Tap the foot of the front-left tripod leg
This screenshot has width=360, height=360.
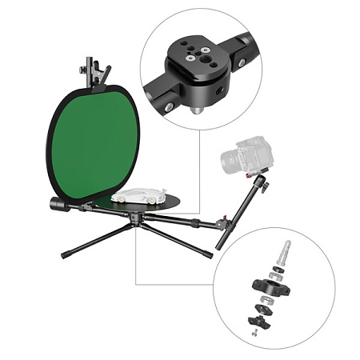pos(65,255)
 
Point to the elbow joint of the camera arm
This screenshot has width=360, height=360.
pos(262,186)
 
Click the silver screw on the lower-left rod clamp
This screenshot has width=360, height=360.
pos(170,104)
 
